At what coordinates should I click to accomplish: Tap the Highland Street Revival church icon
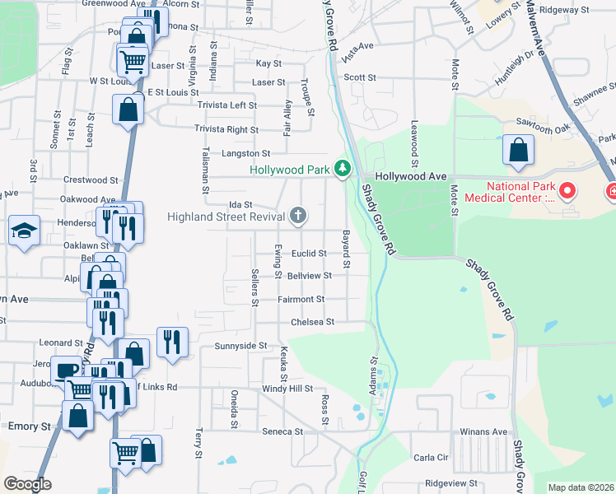click(x=299, y=217)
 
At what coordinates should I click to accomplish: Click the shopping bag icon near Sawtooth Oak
click(x=518, y=150)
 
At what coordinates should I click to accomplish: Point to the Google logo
click(x=27, y=484)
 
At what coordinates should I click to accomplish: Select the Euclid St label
click(x=310, y=254)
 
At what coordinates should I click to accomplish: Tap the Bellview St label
click(x=310, y=276)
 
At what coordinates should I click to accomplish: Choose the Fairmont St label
click(x=301, y=300)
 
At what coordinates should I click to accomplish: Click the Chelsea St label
click(x=313, y=322)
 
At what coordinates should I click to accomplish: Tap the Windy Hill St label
click(x=287, y=388)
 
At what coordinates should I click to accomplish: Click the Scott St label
click(x=360, y=77)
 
